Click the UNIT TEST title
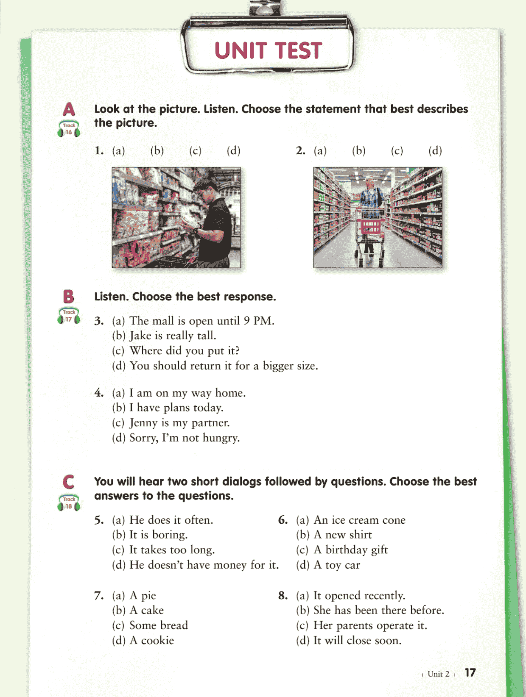tap(268, 50)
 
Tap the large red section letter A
tap(69, 109)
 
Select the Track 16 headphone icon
tap(69, 129)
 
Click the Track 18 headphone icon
tap(69, 503)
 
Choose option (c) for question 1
tap(195, 150)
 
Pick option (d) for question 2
tap(435, 150)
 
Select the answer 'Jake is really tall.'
tap(173, 336)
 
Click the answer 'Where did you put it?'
tap(185, 350)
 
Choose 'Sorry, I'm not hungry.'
tap(185, 438)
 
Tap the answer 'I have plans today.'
tap(176, 408)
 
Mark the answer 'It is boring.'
tap(158, 535)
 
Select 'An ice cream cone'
tap(359, 520)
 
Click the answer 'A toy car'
tap(337, 565)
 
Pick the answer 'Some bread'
tap(159, 625)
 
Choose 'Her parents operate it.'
tap(370, 625)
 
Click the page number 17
tap(470, 672)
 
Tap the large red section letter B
tap(69, 297)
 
